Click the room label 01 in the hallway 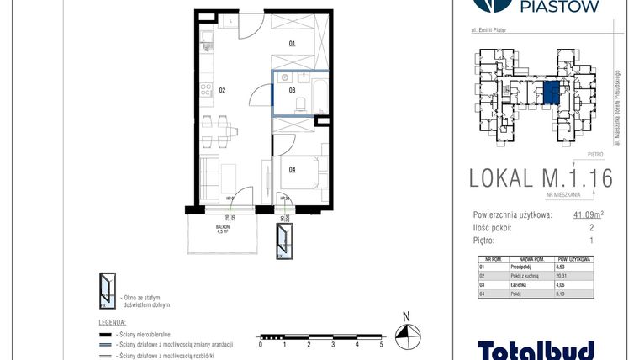tap(292, 42)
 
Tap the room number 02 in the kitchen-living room tap(223, 89)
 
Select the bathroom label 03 tap(292, 89)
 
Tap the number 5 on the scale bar tap(382, 345)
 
